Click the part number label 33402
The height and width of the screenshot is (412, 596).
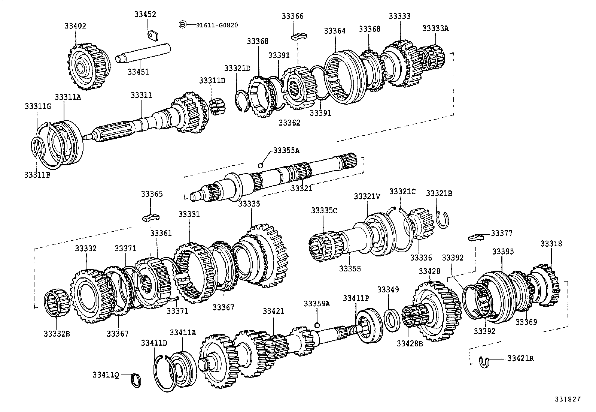click(75, 26)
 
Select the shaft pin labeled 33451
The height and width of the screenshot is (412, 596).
click(142, 54)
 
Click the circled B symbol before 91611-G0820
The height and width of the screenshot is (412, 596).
click(182, 25)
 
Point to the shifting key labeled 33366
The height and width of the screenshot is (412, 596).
click(299, 36)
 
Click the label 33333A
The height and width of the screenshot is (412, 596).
click(435, 28)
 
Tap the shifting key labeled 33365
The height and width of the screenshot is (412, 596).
click(150, 217)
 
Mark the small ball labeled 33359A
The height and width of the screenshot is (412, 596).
click(317, 325)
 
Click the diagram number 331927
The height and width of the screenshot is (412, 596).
click(568, 399)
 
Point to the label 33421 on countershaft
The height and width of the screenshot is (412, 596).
click(273, 311)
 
